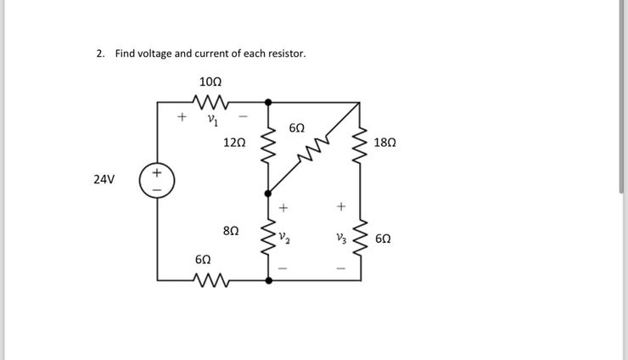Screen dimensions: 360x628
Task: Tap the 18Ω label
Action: pos(384,142)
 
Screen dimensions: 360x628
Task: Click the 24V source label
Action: pos(104,180)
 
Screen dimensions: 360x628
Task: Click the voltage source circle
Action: pos(155,181)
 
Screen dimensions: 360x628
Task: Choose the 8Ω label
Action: pos(231,230)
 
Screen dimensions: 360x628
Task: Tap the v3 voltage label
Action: pos(341,236)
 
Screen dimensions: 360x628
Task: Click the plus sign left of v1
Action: pos(180,117)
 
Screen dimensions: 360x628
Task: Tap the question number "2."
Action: pos(101,53)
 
